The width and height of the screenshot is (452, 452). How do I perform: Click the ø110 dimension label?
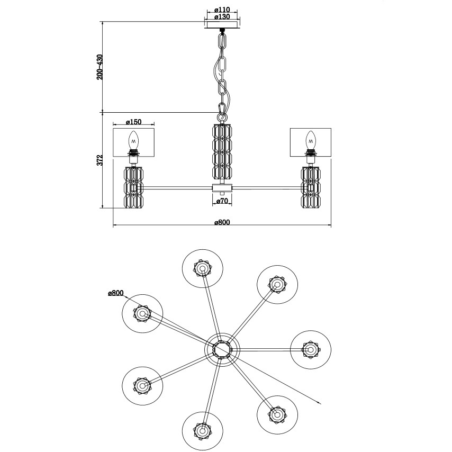click(221, 10)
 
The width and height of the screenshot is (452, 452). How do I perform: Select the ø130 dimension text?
click(221, 17)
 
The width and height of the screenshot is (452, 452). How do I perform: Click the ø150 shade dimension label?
click(133, 122)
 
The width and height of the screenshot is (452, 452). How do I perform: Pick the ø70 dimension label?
click(222, 201)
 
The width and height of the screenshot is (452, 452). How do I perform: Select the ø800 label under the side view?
click(222, 222)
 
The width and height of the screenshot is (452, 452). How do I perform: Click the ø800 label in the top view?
click(115, 293)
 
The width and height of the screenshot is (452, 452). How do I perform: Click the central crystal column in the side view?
click(222, 152)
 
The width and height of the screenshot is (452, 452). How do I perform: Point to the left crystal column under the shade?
click(134, 187)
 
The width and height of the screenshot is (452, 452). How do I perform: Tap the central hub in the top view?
click(222, 350)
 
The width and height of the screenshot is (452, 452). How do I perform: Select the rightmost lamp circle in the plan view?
click(310, 349)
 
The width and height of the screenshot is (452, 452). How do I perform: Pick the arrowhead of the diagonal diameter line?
click(321, 403)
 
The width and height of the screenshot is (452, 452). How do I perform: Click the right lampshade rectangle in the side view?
click(310, 141)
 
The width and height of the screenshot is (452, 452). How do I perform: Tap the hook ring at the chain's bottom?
click(222, 113)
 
